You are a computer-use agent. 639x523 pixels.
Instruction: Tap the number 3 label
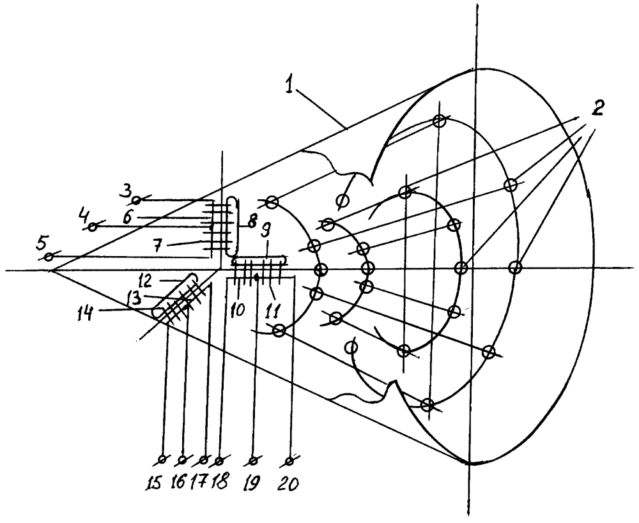[x=127, y=191]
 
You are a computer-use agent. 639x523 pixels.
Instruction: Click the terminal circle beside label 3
[x=137, y=200]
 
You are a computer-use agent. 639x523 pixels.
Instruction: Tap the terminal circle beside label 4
[x=93, y=226]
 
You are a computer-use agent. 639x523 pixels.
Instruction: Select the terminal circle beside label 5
[x=49, y=257]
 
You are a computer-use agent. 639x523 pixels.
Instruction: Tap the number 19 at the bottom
[x=254, y=478]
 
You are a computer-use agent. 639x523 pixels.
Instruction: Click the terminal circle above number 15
[x=162, y=459]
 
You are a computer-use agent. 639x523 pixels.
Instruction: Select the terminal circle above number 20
[x=290, y=459]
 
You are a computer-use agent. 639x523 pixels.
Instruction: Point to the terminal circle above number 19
[x=254, y=459]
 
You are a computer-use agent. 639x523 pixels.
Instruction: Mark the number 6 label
[x=128, y=217]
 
